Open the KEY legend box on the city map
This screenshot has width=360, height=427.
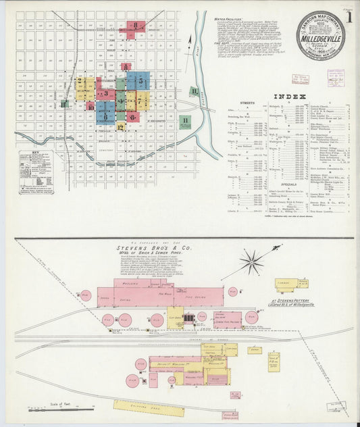pos(36,172)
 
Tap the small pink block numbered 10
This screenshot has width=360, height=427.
pos(91,107)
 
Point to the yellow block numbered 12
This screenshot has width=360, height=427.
pos(120,126)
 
